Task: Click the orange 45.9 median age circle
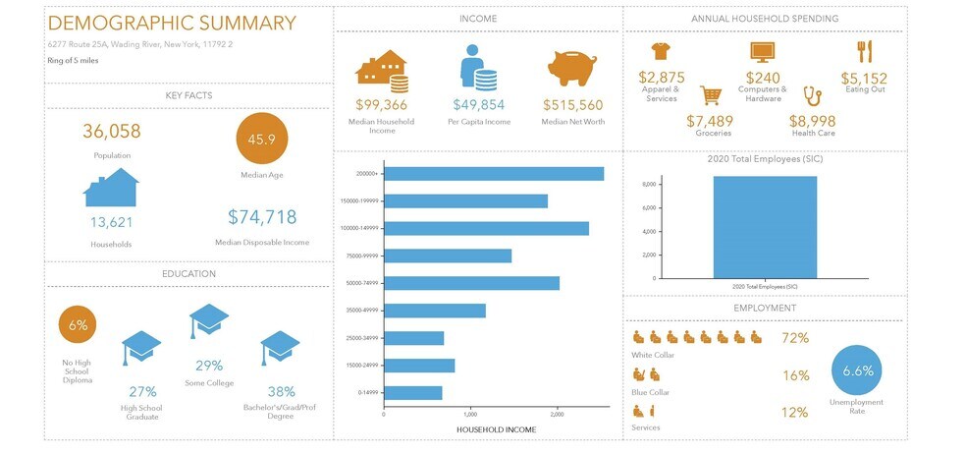pyautogui.click(x=261, y=140)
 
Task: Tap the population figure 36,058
pyautogui.click(x=112, y=132)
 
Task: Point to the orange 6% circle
pyautogui.click(x=79, y=325)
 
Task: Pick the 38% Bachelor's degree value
pyautogui.click(x=281, y=391)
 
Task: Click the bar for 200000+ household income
pyautogui.click(x=493, y=174)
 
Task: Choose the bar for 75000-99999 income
pyautogui.click(x=448, y=256)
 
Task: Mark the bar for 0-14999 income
pyautogui.click(x=412, y=393)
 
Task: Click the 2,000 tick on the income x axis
pyautogui.click(x=557, y=414)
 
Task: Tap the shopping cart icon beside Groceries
pyautogui.click(x=711, y=95)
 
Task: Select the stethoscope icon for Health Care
pyautogui.click(x=812, y=95)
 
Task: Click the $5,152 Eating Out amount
pyautogui.click(x=864, y=78)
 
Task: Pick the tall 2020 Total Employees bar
pyautogui.click(x=765, y=227)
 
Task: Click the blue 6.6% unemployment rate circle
pyautogui.click(x=858, y=370)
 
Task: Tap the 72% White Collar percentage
pyautogui.click(x=795, y=338)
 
